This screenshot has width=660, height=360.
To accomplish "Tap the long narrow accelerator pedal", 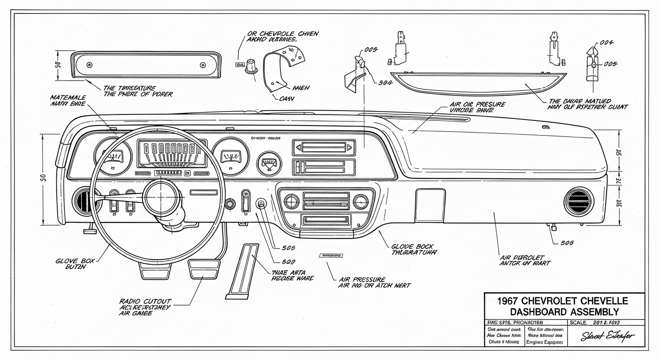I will [242, 271].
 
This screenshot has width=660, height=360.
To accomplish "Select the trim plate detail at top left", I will [146, 65].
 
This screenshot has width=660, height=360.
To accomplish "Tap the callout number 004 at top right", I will [607, 42].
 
